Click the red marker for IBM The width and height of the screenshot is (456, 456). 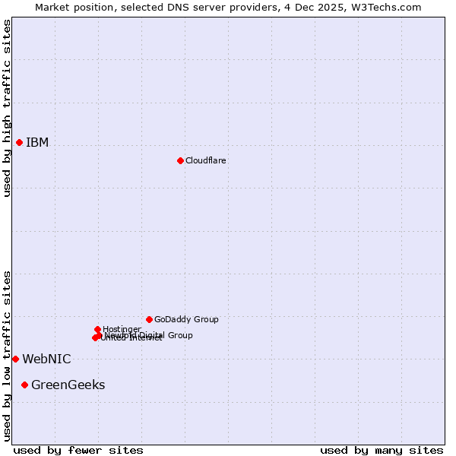click(x=19, y=142)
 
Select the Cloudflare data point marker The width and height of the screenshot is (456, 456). click(x=180, y=160)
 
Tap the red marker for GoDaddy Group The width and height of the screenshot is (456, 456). click(x=149, y=319)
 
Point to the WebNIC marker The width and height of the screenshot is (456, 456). click(x=15, y=359)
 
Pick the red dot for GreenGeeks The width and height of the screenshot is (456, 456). click(x=24, y=385)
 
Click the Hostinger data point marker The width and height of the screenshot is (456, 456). click(x=97, y=329)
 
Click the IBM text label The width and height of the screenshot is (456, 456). click(x=37, y=143)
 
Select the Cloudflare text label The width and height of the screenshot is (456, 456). click(x=205, y=161)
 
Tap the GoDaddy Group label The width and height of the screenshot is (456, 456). click(x=186, y=320)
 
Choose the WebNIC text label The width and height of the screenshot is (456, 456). click(x=46, y=359)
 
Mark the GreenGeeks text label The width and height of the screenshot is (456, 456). click(x=68, y=385)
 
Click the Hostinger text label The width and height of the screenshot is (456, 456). click(x=122, y=329)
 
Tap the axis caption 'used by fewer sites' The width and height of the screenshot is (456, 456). click(x=78, y=450)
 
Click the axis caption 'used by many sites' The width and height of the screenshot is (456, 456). click(x=382, y=450)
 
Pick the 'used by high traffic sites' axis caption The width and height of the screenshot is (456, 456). click(x=8, y=108)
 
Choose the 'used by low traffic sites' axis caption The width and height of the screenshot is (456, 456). click(x=8, y=355)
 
